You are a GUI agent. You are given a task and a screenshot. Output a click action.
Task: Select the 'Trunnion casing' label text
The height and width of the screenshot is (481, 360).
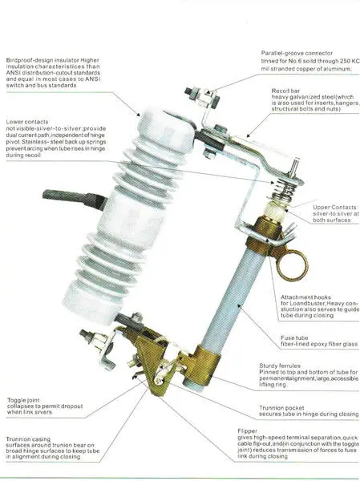[x=30, y=439]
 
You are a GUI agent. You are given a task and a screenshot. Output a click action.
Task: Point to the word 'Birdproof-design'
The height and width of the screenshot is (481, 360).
[x=36, y=59]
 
